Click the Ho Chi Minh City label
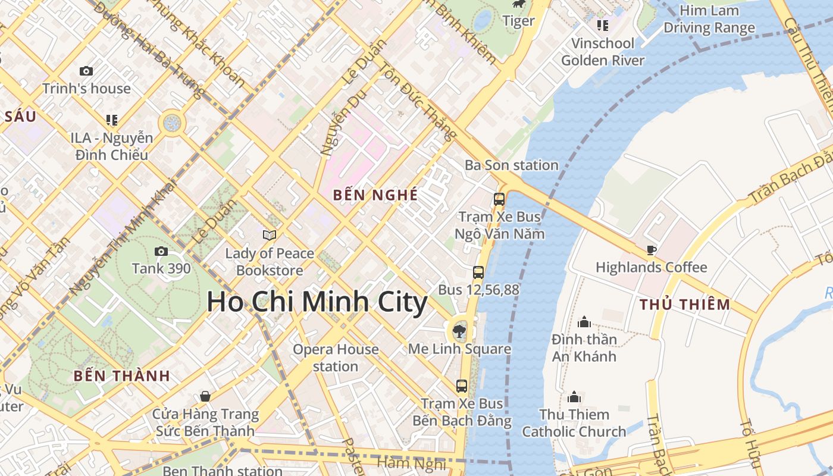(317, 302)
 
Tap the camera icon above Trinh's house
(86, 71)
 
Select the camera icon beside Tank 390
(161, 252)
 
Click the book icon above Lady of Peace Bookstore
(270, 235)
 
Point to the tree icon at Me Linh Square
(459, 331)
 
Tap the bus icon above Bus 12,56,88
(478, 273)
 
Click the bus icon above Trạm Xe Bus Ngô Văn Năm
(499, 199)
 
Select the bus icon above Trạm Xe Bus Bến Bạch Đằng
(462, 386)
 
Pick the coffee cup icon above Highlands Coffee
(652, 250)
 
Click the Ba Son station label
(512, 165)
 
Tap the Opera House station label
(336, 358)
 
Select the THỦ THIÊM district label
(684, 305)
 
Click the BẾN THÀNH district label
(122, 376)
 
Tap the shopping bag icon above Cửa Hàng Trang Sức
(205, 396)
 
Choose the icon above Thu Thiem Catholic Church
(574, 397)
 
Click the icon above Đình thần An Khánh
(584, 322)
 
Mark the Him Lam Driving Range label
(709, 19)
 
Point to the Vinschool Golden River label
(603, 52)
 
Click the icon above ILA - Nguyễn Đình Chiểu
(111, 120)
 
